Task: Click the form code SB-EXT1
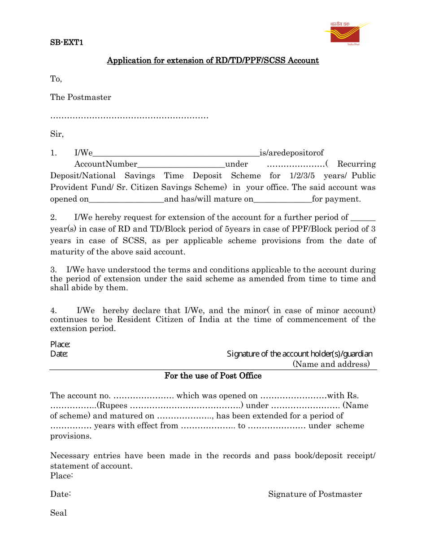tap(66, 43)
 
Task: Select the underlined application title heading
tap(213, 60)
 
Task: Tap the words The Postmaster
tap(81, 97)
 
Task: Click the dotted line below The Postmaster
tap(129, 117)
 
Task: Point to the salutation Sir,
tap(57, 133)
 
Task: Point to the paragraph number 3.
tap(53, 270)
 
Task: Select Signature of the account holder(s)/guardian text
tap(300, 354)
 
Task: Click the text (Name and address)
tap(331, 364)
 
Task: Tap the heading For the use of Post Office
tap(213, 376)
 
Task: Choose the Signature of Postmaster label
tap(315, 494)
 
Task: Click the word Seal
tap(58, 513)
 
